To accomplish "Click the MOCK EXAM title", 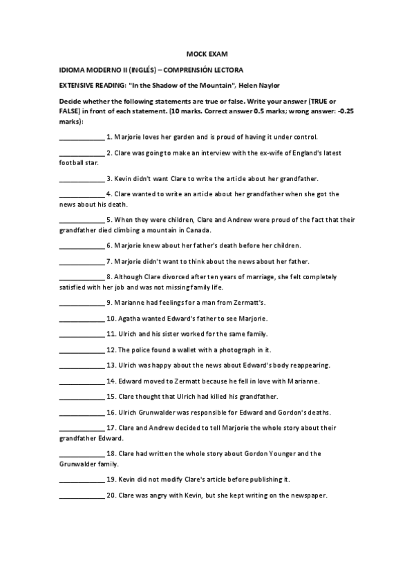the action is pyautogui.click(x=207, y=53).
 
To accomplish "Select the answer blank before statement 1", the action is pyautogui.click(x=82, y=138).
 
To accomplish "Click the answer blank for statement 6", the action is pyautogui.click(x=82, y=245).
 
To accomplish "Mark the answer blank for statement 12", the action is pyautogui.click(x=82, y=350).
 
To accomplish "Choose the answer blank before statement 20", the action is pyautogui.click(x=82, y=495).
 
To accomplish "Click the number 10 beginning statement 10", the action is pyautogui.click(x=111, y=318).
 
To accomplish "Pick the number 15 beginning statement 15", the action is pyautogui.click(x=111, y=397).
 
